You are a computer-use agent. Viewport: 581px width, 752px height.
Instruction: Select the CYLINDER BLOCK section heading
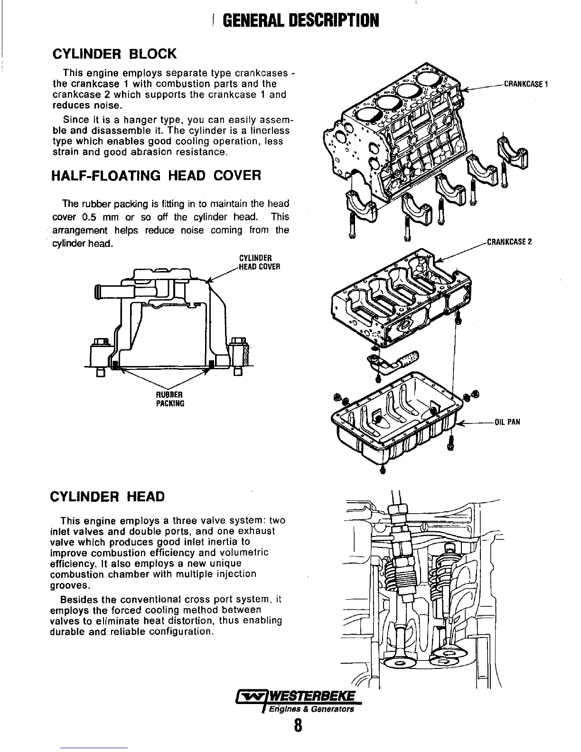click(x=114, y=53)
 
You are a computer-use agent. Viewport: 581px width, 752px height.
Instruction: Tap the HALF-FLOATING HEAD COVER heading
click(x=156, y=176)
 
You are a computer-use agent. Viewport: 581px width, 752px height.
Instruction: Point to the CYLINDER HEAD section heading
click(x=107, y=497)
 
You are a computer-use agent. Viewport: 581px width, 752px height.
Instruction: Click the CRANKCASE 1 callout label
click(x=526, y=85)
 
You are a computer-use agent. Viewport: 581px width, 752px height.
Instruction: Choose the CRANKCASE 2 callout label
click(x=509, y=242)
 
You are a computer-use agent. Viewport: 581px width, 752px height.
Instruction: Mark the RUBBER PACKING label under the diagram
click(x=170, y=399)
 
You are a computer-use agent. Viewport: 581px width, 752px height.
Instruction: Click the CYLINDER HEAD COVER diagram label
click(x=259, y=263)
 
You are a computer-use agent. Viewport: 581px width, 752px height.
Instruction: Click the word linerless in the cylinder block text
click(x=272, y=131)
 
